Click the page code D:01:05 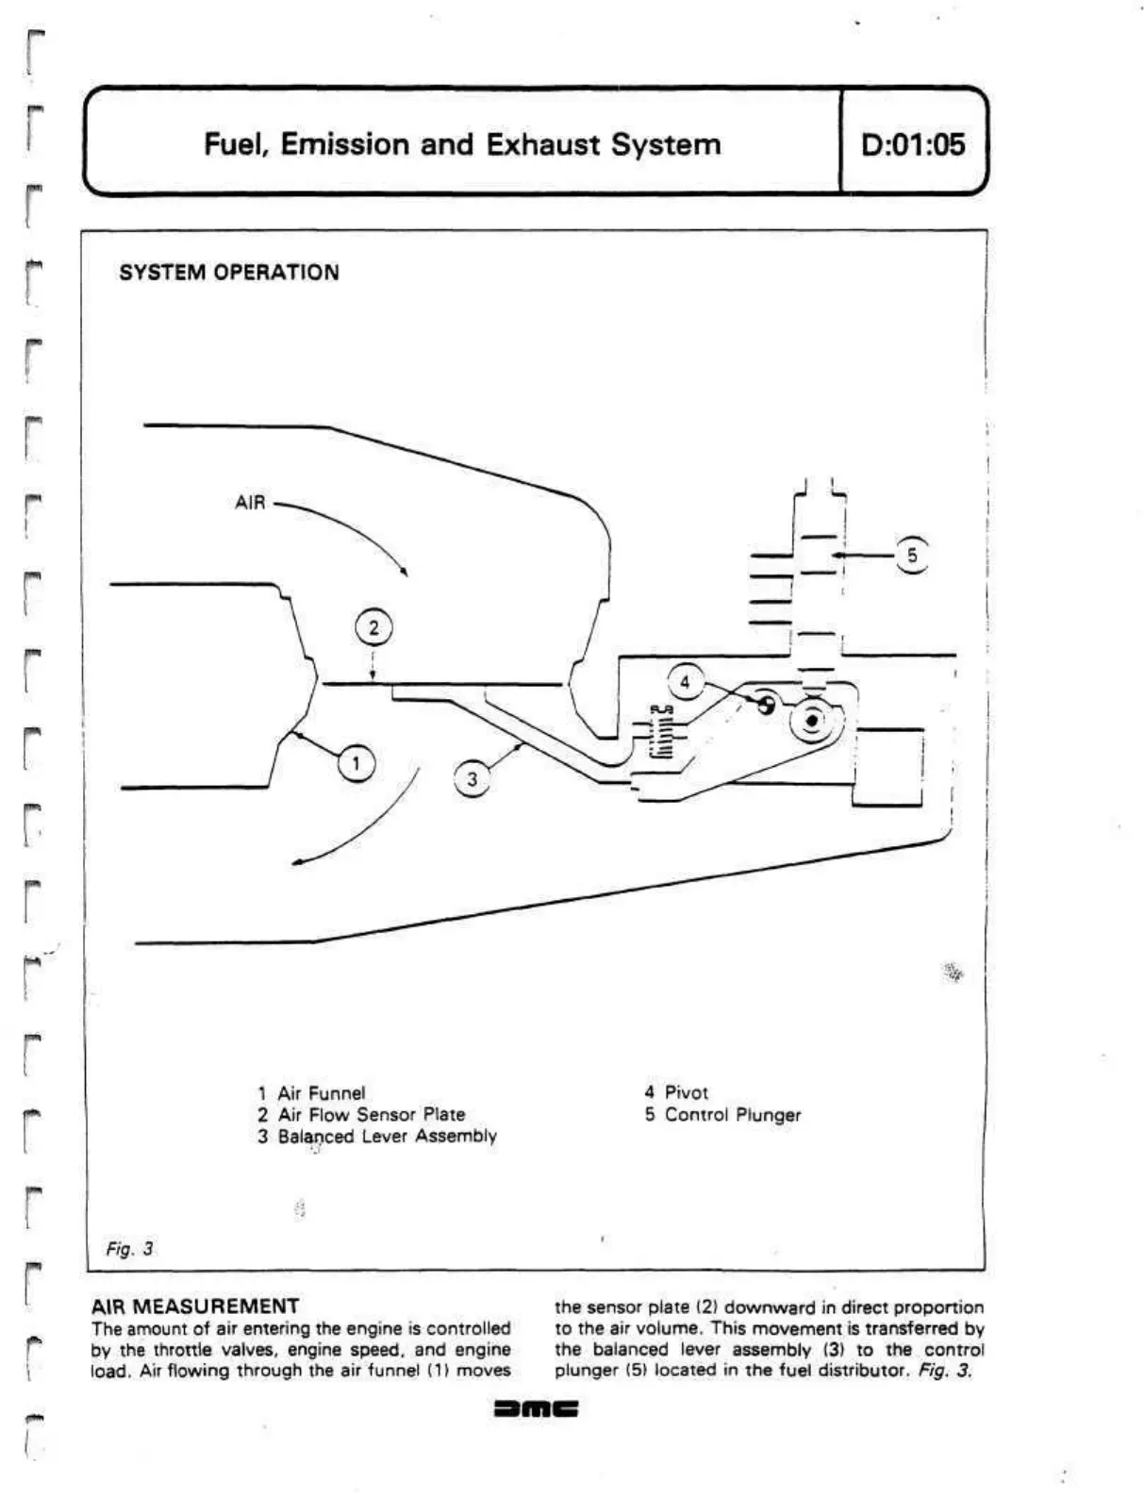(x=913, y=144)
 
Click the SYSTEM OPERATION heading (x=229, y=273)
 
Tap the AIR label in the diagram (x=251, y=503)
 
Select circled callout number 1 (x=356, y=762)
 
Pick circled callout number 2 (x=373, y=628)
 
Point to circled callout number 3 (x=473, y=780)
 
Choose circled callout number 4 (x=686, y=682)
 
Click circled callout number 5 (x=912, y=555)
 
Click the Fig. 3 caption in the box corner (x=129, y=1249)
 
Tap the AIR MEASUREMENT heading (x=195, y=1306)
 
